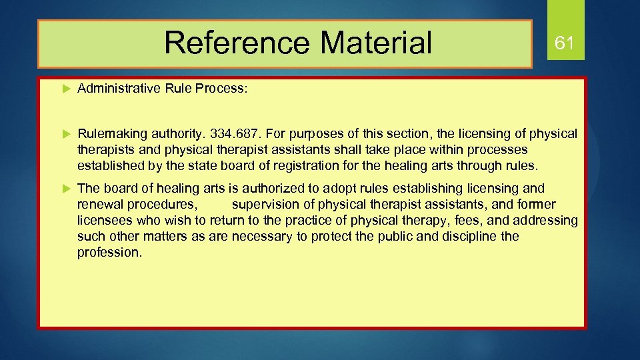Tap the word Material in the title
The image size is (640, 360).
pyautogui.click(x=377, y=43)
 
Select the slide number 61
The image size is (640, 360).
pyautogui.click(x=565, y=44)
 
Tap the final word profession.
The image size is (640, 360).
pyautogui.click(x=109, y=253)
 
